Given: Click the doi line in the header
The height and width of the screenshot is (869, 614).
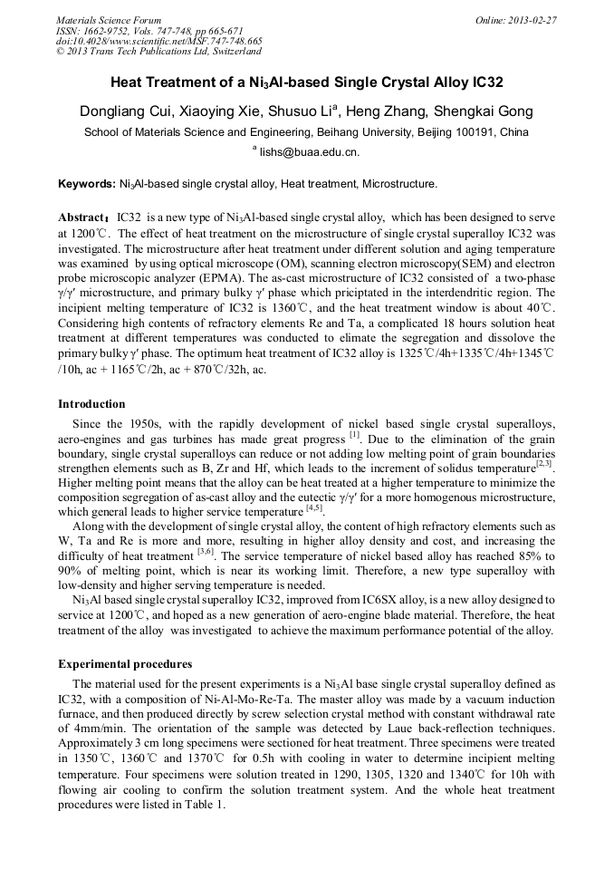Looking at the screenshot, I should coord(159,41).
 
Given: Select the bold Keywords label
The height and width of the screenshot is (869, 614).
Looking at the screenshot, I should coord(86,184).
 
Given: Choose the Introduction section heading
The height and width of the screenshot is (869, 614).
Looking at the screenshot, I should coord(91,403).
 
